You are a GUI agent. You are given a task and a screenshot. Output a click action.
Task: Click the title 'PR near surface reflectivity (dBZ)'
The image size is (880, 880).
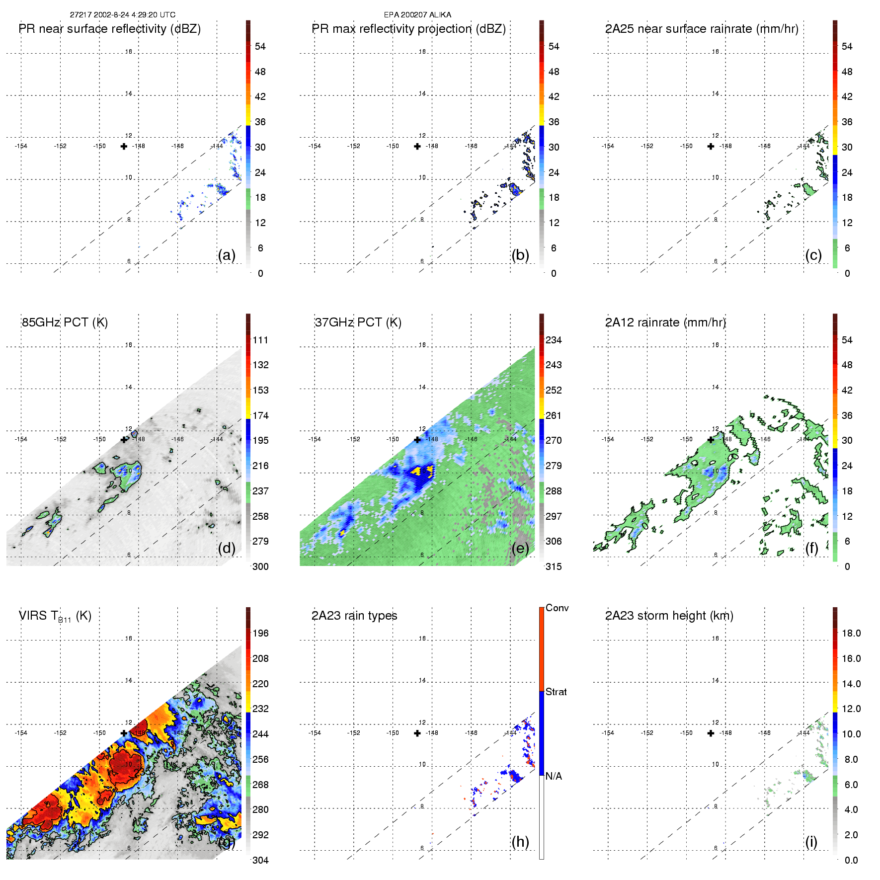[109, 29]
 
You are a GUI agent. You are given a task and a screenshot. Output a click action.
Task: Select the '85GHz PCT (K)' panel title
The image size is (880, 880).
[65, 322]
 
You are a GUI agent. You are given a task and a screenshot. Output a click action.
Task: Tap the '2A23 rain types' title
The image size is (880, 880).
[354, 616]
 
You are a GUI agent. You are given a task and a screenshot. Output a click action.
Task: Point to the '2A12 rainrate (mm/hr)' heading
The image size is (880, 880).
[665, 322]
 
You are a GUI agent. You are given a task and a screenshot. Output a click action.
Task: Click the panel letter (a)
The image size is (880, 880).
[227, 255]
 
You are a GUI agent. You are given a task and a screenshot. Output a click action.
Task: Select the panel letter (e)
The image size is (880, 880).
[520, 549]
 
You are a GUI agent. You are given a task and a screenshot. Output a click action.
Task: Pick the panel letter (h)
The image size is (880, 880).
[520, 842]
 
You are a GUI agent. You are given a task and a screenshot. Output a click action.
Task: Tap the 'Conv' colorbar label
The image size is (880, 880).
[557, 608]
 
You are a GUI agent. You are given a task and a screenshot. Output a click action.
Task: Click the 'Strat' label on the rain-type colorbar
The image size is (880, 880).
[556, 692]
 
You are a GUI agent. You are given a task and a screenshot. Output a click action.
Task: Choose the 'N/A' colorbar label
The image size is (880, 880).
[554, 776]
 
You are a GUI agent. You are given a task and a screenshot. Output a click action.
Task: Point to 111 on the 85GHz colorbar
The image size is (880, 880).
[260, 340]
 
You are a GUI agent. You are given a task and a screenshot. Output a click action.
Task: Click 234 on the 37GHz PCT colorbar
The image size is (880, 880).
[554, 340]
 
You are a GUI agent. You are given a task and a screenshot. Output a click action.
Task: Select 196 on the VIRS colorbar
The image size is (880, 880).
[260, 633]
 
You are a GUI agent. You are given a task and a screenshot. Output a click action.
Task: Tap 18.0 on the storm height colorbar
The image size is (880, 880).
[851, 633]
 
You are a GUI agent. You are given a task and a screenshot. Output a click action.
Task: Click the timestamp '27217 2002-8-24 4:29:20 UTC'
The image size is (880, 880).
[122, 15]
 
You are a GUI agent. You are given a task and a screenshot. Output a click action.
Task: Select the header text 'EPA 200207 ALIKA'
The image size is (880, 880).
[417, 15]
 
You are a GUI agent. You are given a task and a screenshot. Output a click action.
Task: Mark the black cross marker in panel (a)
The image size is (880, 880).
[124, 146]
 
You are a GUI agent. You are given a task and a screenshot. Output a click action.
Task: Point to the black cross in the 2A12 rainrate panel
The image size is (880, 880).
[711, 440]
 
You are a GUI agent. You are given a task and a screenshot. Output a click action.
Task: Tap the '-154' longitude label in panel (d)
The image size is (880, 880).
[21, 439]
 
